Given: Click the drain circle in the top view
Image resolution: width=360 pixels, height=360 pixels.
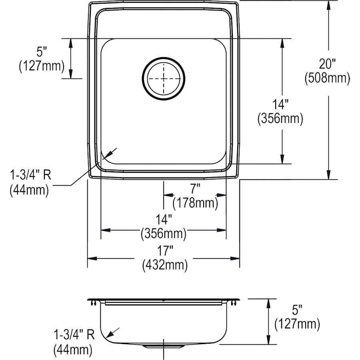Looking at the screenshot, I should point(163,78).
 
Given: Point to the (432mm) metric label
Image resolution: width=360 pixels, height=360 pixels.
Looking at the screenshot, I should point(164,265).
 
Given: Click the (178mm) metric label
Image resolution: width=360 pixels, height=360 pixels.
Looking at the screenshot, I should point(195,203).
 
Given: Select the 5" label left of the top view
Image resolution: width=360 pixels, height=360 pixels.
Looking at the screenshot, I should point(42,51).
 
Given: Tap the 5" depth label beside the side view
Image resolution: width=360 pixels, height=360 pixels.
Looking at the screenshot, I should point(297,310).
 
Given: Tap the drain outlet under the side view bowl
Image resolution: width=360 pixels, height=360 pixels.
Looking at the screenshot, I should point(163,345).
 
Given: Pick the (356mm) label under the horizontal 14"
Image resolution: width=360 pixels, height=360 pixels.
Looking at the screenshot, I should point(164,233).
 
